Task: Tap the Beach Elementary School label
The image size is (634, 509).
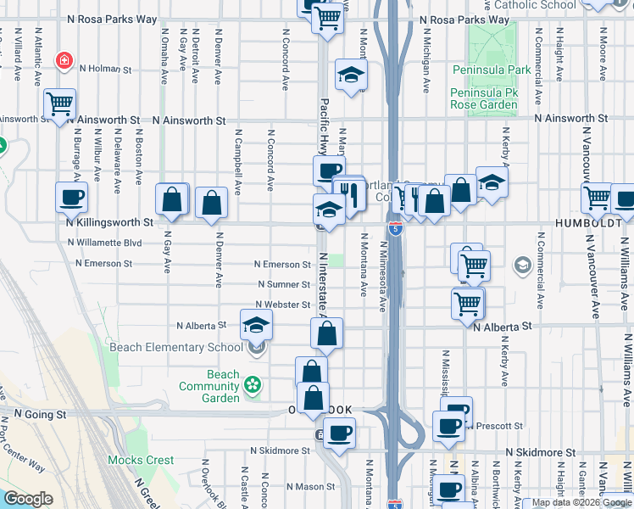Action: click(181, 347)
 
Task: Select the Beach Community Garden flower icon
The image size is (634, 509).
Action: click(252, 386)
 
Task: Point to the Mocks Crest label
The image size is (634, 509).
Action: click(141, 461)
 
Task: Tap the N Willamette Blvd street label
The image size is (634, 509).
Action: click(104, 242)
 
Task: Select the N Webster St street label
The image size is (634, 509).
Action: click(284, 304)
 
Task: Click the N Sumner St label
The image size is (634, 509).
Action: click(284, 284)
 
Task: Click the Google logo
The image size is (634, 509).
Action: click(28, 499)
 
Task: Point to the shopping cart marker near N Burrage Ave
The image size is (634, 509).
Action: click(59, 104)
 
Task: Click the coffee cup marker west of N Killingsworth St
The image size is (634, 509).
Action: click(71, 198)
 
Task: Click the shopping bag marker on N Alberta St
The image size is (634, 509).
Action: click(326, 333)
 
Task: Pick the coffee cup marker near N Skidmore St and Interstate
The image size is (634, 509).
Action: click(339, 433)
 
